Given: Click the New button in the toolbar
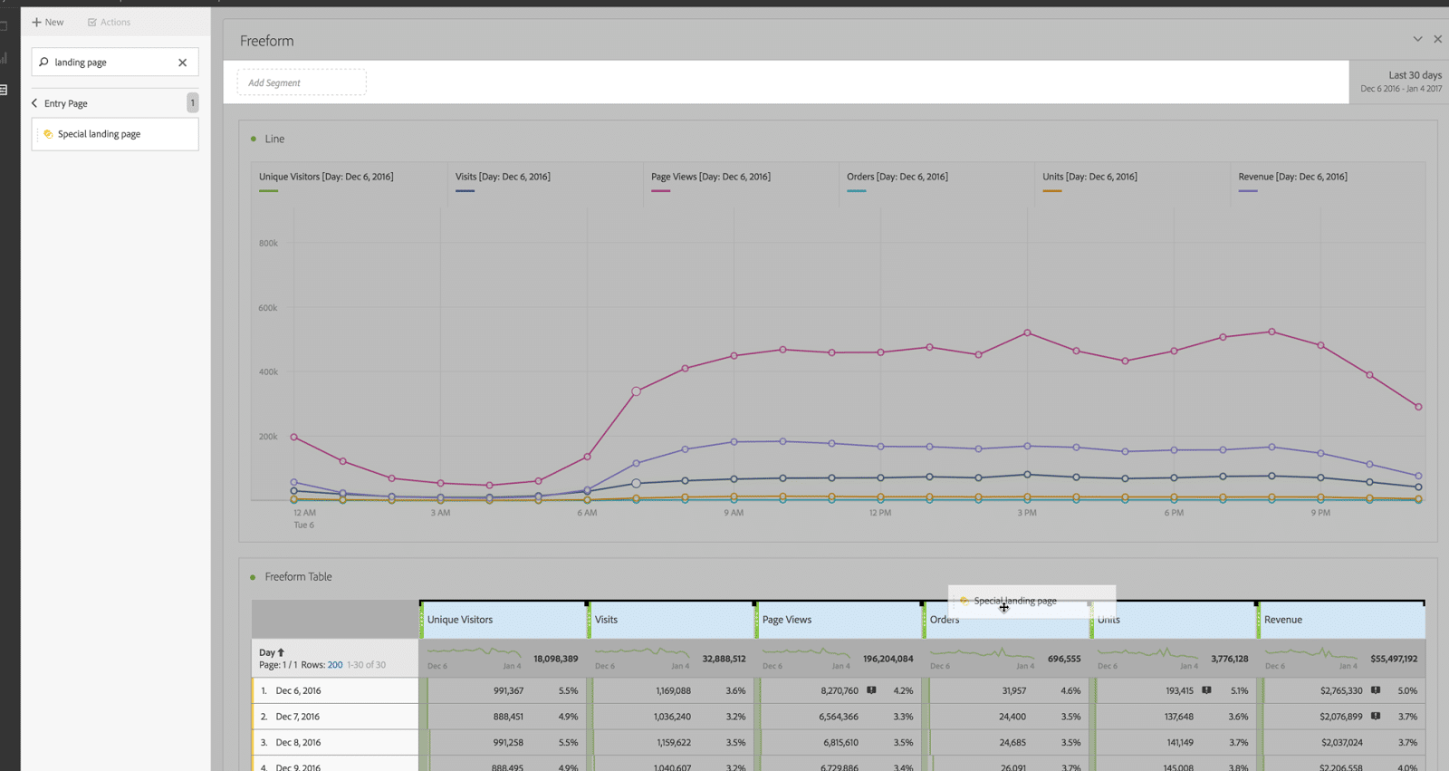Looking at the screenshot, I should tap(48, 22).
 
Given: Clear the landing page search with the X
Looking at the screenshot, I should tap(182, 63).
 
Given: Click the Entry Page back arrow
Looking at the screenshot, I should tap(34, 103).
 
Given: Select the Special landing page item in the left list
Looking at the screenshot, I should tap(99, 134).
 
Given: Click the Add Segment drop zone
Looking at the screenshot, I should tap(302, 82).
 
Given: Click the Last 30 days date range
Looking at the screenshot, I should tap(1414, 75).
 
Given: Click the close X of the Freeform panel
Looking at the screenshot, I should tap(1437, 39).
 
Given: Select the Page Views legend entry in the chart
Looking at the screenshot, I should tap(710, 177).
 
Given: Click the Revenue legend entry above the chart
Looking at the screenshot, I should tap(1292, 177).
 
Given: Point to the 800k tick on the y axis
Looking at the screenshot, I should tap(268, 243).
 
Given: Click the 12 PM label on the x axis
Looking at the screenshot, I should tap(879, 513).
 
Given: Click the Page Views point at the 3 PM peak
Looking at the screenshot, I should tap(1027, 332).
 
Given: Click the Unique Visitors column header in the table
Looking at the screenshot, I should tap(460, 620).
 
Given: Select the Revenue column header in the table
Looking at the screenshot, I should tap(1283, 620).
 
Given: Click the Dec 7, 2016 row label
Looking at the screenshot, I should tap(298, 717).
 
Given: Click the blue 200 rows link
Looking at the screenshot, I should tap(334, 665).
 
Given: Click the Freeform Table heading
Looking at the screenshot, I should tap(298, 576).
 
